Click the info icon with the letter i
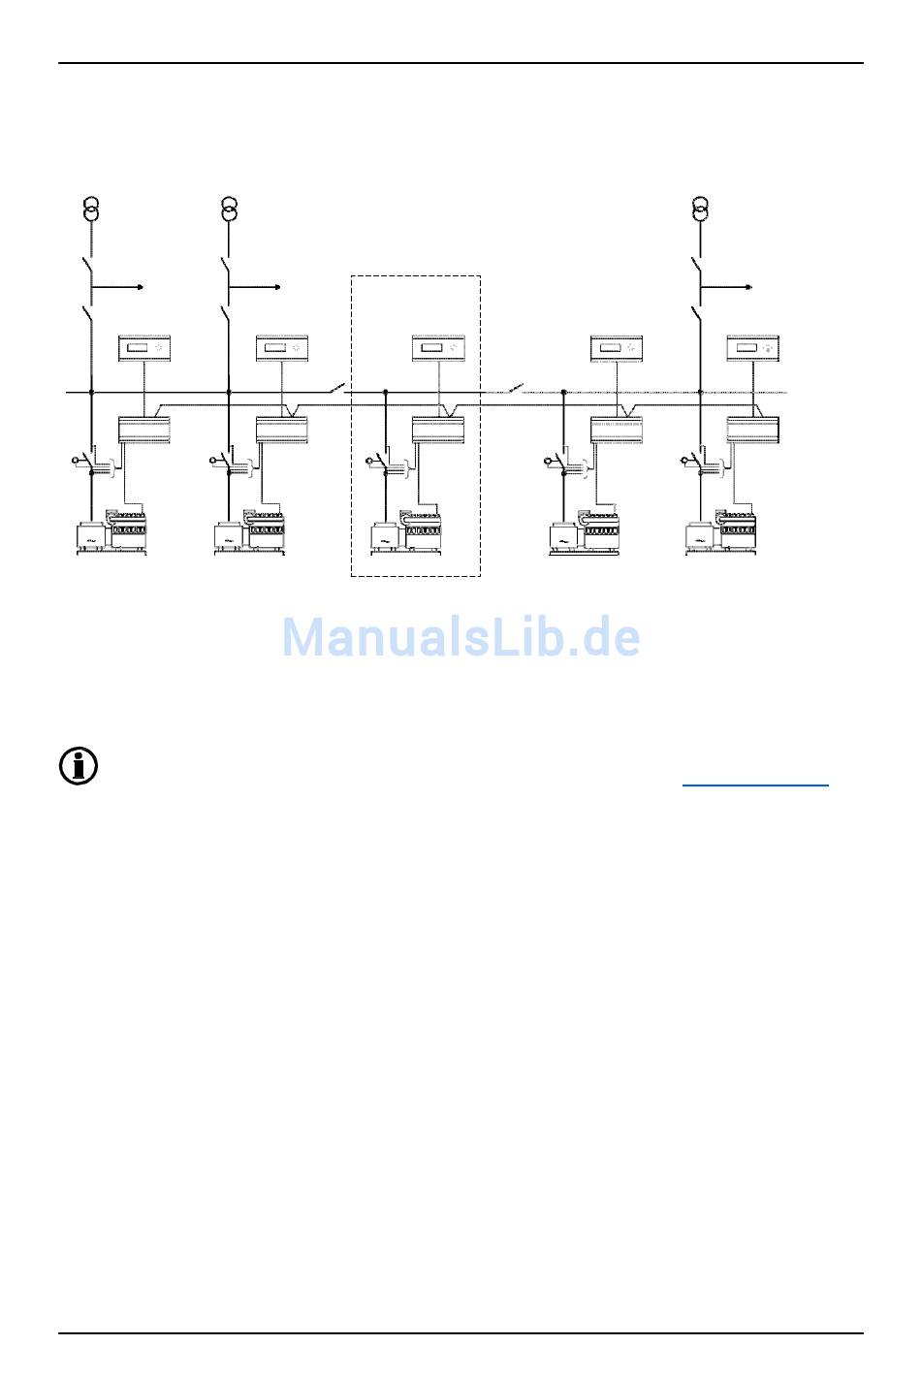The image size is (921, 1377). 79,766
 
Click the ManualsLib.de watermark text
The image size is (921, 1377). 460,637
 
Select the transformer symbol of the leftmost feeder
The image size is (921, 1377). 91,208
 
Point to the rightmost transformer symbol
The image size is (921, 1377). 701,208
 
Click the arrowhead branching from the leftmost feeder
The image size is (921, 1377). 142,288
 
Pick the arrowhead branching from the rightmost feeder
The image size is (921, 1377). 748,288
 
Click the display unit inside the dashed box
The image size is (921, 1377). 439,347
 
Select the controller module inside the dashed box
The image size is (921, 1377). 439,429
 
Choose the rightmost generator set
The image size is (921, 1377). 721,533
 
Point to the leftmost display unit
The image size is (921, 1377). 144,347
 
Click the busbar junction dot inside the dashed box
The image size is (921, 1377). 386,393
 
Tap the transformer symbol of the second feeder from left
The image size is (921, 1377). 229,208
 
